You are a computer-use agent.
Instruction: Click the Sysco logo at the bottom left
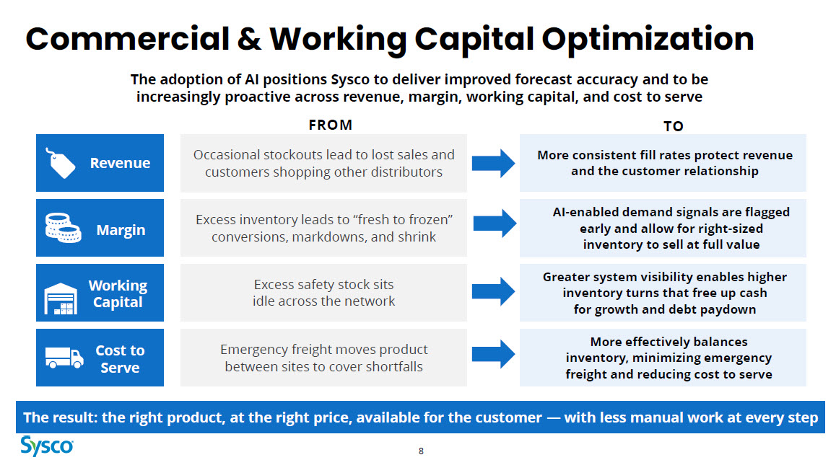tap(47, 445)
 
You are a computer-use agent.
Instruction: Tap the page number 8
tap(421, 451)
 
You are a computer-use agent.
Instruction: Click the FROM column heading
tap(331, 125)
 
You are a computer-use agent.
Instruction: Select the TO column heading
tap(674, 126)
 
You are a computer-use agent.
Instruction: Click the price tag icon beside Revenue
tap(61, 162)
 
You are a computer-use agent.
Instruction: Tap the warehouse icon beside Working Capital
tap(60, 298)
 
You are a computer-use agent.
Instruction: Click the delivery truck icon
tap(64, 357)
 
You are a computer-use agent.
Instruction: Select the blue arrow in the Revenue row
tap(494, 163)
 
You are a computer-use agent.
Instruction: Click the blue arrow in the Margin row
tap(495, 223)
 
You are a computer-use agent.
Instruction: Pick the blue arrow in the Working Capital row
tap(494, 291)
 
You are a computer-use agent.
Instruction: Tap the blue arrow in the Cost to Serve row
tap(494, 354)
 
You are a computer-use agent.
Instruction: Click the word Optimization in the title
tap(648, 40)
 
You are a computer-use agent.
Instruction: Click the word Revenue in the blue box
tap(120, 163)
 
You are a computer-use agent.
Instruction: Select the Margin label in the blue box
tap(121, 230)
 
